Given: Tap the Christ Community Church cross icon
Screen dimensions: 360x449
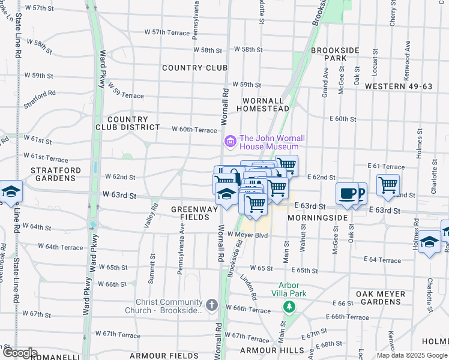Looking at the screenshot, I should pos(211,305).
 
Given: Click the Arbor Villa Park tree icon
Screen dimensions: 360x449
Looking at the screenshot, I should pos(290,307).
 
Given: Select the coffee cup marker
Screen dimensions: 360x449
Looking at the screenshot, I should pos(347,193).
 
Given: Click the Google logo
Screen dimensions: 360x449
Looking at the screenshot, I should pos(19,353).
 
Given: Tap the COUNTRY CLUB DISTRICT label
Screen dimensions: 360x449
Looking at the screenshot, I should pos(127,123).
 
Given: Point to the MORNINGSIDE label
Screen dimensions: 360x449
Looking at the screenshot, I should pos(317,217).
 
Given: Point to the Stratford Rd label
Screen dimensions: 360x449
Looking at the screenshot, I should pos(40,99).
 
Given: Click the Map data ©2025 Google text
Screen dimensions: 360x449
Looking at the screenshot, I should pos(411,355).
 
